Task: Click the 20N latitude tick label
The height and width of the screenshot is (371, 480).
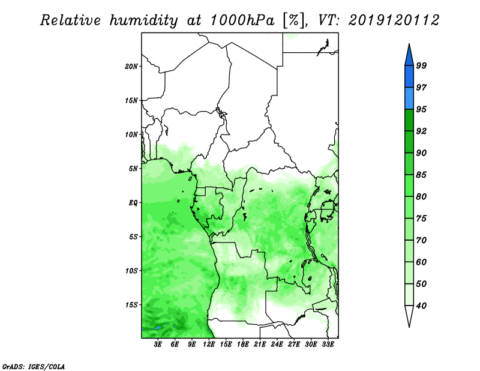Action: [131, 67]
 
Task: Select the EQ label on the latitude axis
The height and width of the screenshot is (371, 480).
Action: [133, 203]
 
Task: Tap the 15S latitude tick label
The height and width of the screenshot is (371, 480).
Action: [131, 305]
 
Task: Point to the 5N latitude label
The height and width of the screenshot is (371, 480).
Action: [133, 169]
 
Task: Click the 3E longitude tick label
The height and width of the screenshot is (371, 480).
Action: [158, 345]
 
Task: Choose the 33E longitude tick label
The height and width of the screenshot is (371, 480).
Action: [328, 345]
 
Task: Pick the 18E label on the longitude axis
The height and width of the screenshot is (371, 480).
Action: [243, 345]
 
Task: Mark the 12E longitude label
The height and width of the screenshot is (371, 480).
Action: [209, 345]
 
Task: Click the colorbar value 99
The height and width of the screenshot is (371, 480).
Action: [421, 65]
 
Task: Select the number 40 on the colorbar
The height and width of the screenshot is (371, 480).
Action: [421, 306]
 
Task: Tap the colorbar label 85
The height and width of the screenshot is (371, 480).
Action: [421, 175]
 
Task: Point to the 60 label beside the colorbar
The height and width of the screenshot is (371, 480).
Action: [421, 262]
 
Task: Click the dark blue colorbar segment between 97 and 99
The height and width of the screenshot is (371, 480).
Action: [409, 77]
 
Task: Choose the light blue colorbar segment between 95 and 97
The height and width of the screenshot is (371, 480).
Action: [409, 98]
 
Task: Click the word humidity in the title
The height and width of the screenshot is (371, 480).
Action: [144, 20]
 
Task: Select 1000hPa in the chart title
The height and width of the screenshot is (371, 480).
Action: [242, 20]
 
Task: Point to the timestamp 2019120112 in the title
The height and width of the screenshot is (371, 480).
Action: [394, 20]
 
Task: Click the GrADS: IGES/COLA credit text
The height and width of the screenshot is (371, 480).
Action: [34, 367]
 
